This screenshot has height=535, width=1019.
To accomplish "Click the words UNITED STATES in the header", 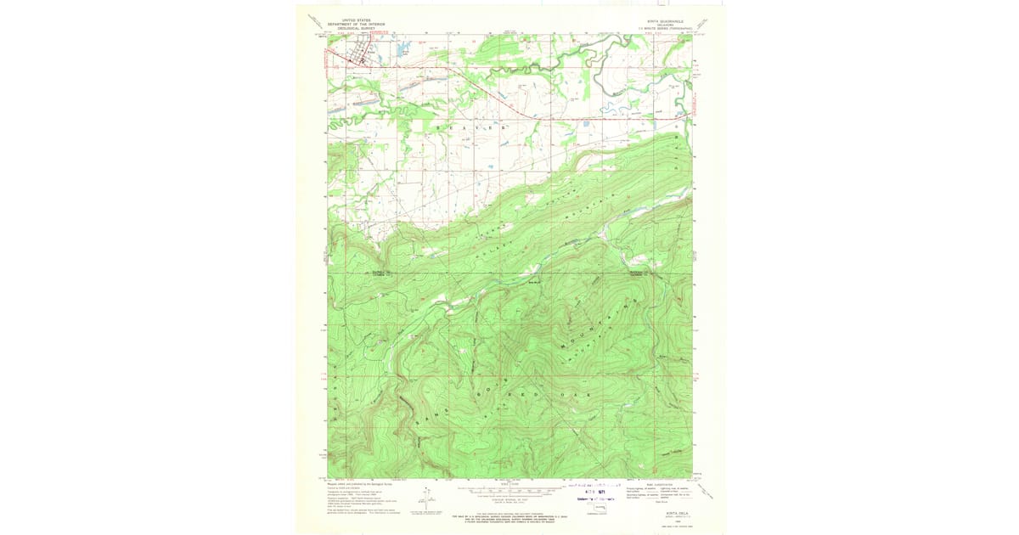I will pyautogui.click(x=357, y=20).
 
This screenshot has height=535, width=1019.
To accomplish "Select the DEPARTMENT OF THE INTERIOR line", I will pyautogui.click(x=357, y=24).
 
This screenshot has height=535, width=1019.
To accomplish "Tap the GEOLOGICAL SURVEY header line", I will pyautogui.click(x=357, y=28).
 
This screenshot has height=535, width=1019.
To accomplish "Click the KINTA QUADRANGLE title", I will pyautogui.click(x=663, y=20).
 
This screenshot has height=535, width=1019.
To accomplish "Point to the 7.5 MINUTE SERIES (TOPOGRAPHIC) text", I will pyautogui.click(x=663, y=28).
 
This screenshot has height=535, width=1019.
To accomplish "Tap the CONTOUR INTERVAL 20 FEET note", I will pyautogui.click(x=509, y=498).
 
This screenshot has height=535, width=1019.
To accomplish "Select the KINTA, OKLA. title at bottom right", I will pyautogui.click(x=663, y=513).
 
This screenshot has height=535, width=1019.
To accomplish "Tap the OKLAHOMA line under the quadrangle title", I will pyautogui.click(x=663, y=25).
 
